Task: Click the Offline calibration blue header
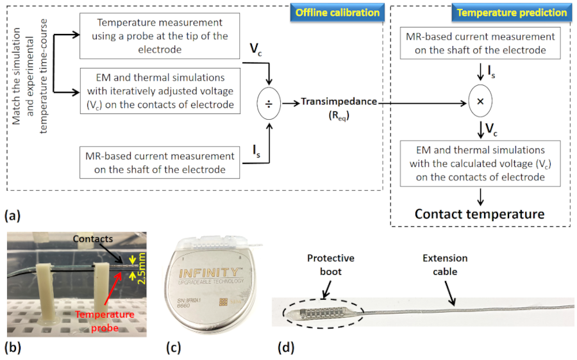coord(336,12)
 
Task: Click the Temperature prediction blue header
coord(511,12)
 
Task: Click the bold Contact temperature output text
coord(479,214)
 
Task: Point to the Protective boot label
coord(330,265)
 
